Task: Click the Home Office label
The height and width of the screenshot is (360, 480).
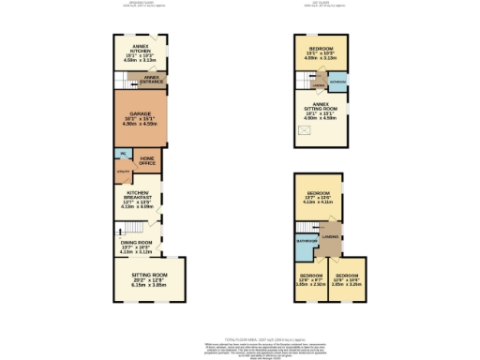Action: (147, 160)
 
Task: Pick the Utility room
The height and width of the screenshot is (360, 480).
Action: (122, 173)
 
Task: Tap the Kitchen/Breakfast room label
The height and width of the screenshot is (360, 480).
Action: (139, 200)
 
